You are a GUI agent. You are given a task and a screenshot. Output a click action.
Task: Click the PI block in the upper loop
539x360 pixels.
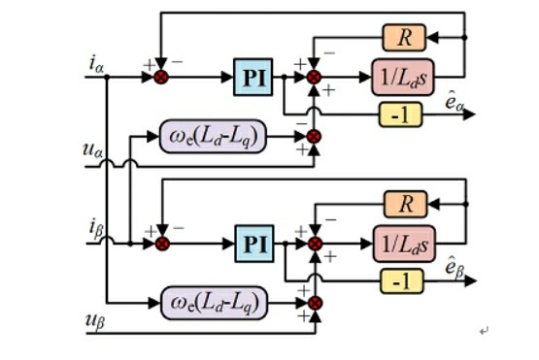253,77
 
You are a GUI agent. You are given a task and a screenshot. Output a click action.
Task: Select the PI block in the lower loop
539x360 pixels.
254,244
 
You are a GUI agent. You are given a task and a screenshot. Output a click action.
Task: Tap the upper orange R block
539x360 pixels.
404,38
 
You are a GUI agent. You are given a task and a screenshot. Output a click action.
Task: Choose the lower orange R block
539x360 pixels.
406,204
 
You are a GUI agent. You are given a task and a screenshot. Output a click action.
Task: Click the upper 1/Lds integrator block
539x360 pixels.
403,78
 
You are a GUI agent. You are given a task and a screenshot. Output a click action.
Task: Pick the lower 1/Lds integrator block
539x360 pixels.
404,244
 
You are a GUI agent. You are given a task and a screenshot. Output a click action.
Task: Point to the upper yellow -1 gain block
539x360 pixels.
400,115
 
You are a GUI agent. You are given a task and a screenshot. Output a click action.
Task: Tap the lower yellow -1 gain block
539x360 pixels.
402,281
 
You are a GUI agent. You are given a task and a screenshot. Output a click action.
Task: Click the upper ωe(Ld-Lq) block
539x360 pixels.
213,137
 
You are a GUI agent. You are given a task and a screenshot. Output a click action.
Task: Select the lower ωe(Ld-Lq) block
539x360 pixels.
215,303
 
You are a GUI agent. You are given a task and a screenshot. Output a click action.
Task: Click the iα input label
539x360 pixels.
96,64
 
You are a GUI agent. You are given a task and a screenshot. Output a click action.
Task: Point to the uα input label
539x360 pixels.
93,150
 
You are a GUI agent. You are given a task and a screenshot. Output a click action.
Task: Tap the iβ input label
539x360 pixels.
96,229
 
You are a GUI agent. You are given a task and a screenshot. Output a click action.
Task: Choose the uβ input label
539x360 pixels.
95,321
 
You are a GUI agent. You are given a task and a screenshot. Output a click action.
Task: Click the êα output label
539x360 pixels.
454,101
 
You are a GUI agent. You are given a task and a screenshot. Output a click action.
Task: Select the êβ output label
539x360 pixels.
455,267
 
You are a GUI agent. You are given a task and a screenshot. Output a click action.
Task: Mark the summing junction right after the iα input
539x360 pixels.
161,77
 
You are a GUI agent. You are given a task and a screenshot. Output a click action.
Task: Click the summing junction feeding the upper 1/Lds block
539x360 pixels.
314,77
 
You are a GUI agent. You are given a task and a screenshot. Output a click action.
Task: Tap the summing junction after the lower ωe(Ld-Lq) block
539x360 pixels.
315,303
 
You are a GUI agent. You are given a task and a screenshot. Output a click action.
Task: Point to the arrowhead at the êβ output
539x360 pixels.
471,281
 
